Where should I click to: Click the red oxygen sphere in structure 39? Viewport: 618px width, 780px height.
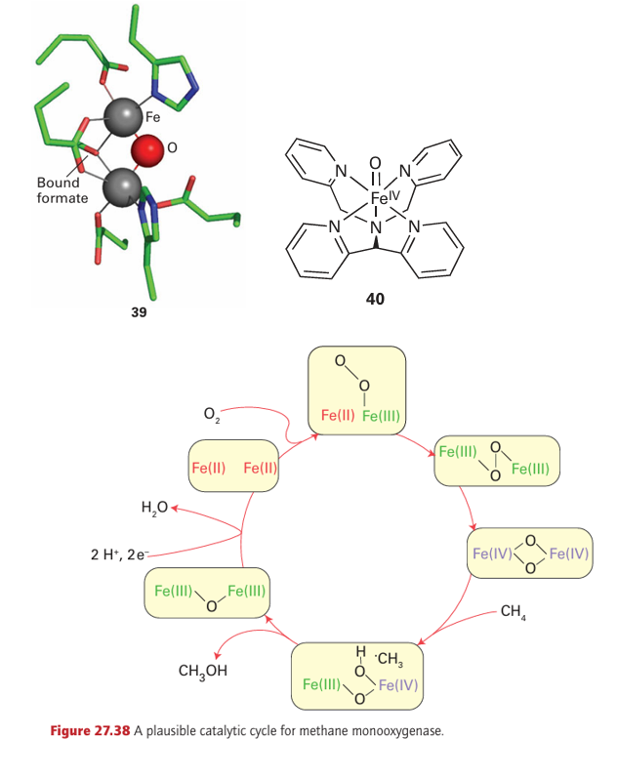[x=146, y=151]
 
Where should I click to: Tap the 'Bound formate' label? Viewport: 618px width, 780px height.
[x=62, y=190]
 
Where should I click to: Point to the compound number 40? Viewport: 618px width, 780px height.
[x=375, y=299]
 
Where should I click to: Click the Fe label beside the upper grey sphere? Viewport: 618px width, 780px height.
[x=153, y=117]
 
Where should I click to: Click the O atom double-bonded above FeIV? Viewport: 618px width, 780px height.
[x=375, y=162]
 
